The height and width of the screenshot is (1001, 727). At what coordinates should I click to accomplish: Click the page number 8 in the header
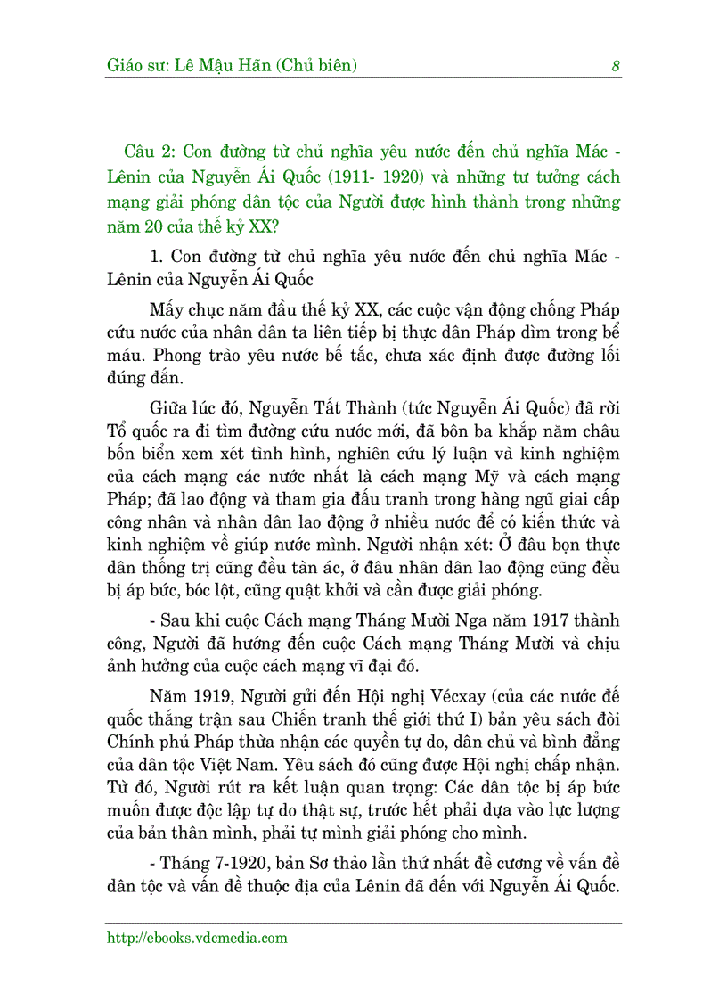(x=616, y=65)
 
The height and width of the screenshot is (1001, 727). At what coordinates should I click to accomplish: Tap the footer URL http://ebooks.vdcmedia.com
(x=197, y=938)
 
